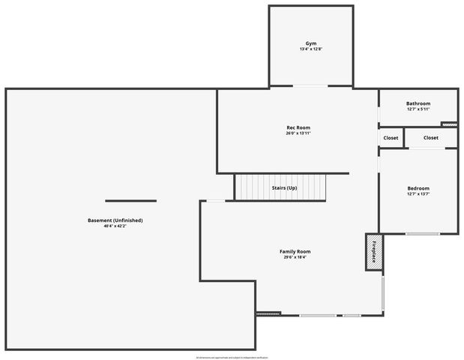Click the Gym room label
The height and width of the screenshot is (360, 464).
coord(310,43)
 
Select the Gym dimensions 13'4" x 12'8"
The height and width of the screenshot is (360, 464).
coord(310,49)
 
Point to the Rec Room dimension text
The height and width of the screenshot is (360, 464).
coord(298,133)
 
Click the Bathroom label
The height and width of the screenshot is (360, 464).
coord(418,103)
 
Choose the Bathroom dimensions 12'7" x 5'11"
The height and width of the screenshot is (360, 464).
coord(418,109)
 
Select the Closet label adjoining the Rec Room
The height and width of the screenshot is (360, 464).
coord(391,138)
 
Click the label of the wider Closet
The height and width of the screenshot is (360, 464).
coord(430,138)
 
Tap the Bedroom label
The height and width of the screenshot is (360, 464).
coord(418,188)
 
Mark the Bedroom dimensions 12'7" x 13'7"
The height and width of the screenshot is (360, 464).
coord(418,194)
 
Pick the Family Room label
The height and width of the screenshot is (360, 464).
coord(295,251)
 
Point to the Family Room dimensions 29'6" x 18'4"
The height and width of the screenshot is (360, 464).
coord(295,257)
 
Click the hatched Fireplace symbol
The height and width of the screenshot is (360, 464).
coord(373,251)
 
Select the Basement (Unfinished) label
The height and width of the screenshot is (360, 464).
coord(115,220)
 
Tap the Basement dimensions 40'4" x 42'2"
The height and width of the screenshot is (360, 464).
coord(115,226)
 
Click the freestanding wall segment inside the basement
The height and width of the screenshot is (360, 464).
coord(130,201)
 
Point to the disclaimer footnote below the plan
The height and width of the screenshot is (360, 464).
coord(232,357)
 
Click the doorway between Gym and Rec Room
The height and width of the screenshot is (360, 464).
coord(310,87)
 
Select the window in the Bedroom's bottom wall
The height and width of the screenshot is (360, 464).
coord(422,234)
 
